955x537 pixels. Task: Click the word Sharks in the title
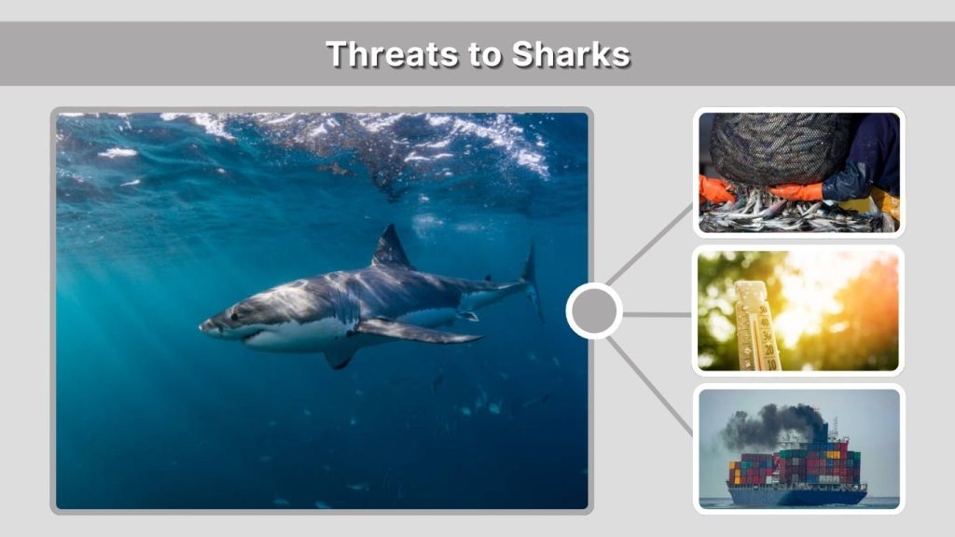[x=571, y=54]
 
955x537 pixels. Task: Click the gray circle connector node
[x=594, y=311]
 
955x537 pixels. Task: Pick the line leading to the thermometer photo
[x=657, y=315]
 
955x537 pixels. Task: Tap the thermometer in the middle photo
[x=756, y=326]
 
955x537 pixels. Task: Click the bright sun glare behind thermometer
[x=821, y=298]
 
